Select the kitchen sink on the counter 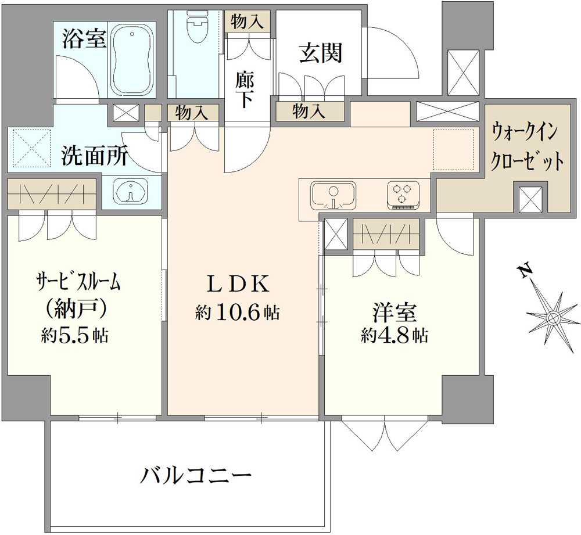pyautogui.click(x=333, y=195)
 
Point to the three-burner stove pyautogui.click(x=403, y=195)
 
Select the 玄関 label pyautogui.click(x=321, y=53)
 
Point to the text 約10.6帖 pyautogui.click(x=237, y=313)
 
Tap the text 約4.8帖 pyautogui.click(x=394, y=336)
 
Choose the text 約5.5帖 pyautogui.click(x=75, y=336)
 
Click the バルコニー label pyautogui.click(x=196, y=475)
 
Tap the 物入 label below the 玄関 pyautogui.click(x=309, y=111)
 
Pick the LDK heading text pyautogui.click(x=237, y=284)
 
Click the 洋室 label pyautogui.click(x=395, y=313)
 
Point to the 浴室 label pyautogui.click(x=84, y=38)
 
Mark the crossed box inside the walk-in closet pyautogui.click(x=530, y=199)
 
